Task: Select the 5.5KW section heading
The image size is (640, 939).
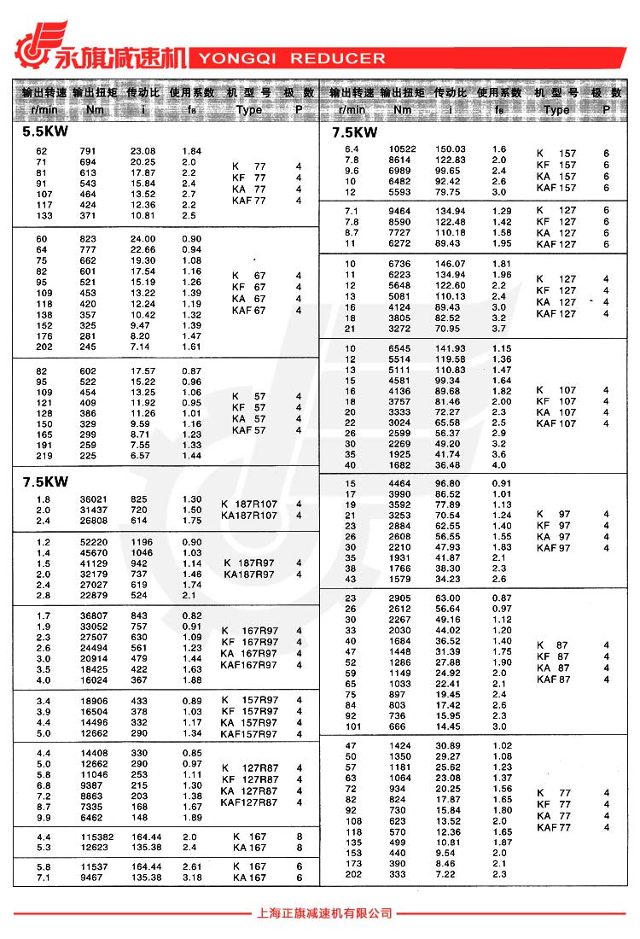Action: pyautogui.click(x=45, y=132)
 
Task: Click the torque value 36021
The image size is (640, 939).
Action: pyautogui.click(x=93, y=499)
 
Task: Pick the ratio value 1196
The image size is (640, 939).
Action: pyautogui.click(x=141, y=541)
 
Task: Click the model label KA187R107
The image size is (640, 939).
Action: pyautogui.click(x=249, y=516)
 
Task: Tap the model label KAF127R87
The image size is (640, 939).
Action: pyautogui.click(x=249, y=802)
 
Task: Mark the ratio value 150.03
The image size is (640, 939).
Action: pyautogui.click(x=451, y=149)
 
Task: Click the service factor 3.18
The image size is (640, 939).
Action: pyautogui.click(x=192, y=877)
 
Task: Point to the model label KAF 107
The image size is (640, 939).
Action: pyautogui.click(x=556, y=423)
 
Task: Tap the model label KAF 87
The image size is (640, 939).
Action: pyautogui.click(x=553, y=679)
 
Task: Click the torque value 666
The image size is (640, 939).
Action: pyautogui.click(x=397, y=726)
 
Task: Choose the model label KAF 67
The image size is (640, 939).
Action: pyautogui.click(x=249, y=311)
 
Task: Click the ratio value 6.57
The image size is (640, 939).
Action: pyautogui.click(x=141, y=456)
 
